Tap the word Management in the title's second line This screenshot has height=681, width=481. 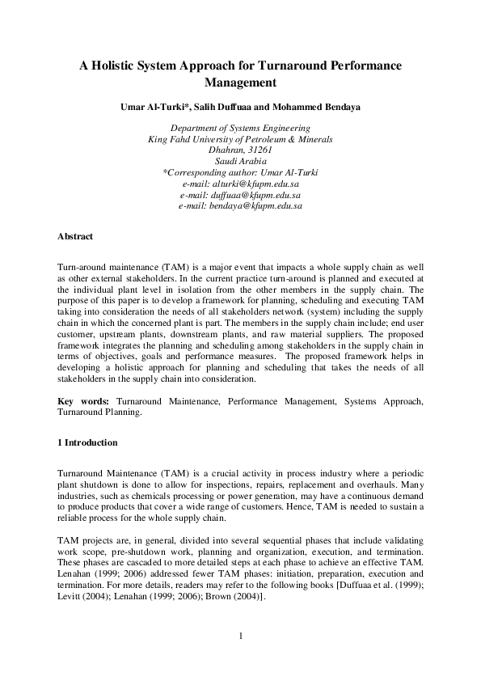[x=241, y=82]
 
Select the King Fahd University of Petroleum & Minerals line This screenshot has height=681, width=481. [x=241, y=139]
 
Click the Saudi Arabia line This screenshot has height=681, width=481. [x=241, y=162]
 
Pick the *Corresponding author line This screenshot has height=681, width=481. [x=241, y=173]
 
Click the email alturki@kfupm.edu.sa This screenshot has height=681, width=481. [x=251, y=184]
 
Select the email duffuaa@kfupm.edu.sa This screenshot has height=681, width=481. [x=251, y=195]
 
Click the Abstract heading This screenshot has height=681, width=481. [x=75, y=236]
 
